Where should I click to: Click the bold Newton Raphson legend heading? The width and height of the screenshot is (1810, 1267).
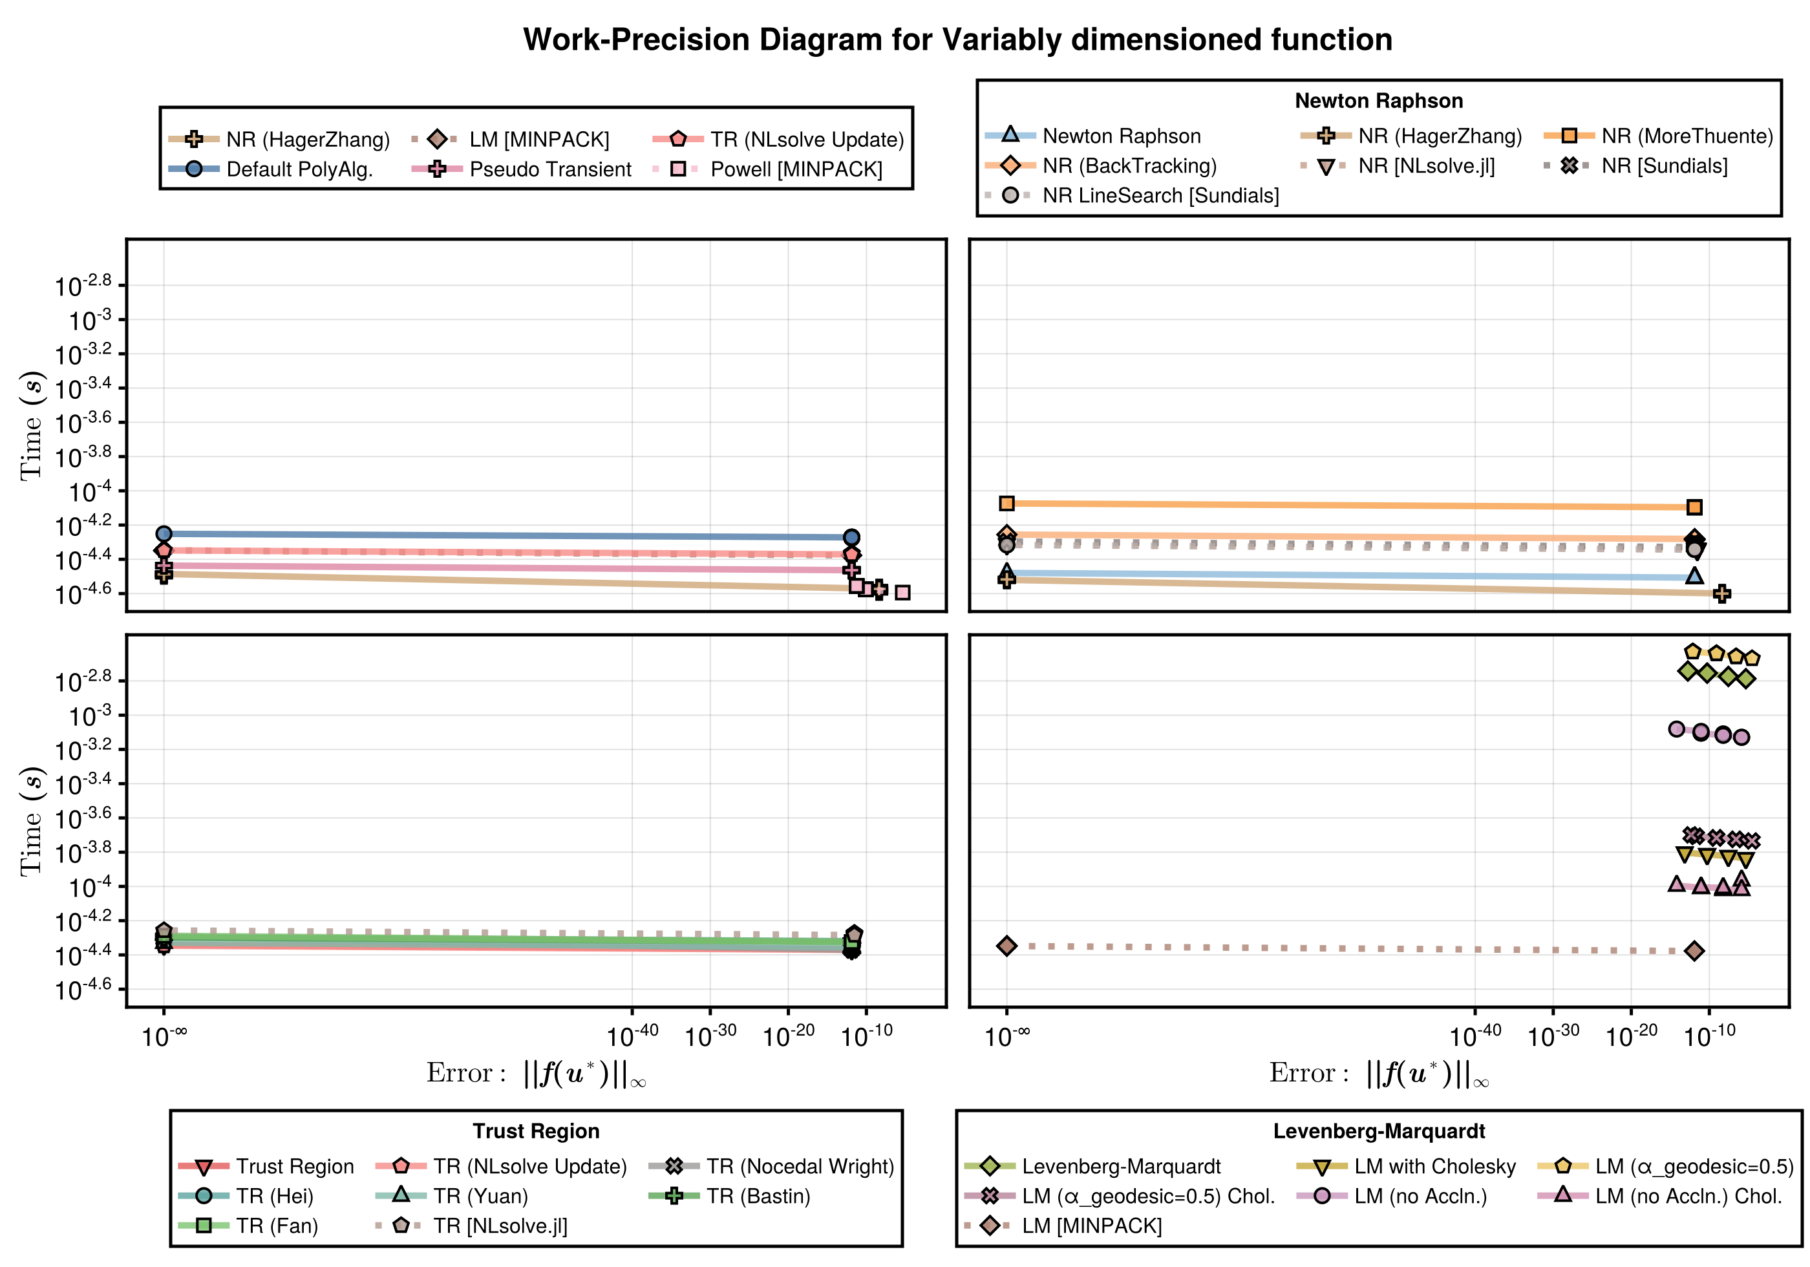pyautogui.click(x=1379, y=101)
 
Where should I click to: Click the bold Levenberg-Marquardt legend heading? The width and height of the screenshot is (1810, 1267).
pyautogui.click(x=1379, y=1131)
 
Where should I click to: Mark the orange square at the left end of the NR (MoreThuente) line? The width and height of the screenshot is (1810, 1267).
pyautogui.click(x=1006, y=503)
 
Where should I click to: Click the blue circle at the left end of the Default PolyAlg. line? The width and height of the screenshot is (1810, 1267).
pyautogui.click(x=164, y=534)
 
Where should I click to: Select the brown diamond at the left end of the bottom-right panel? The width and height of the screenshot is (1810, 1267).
pyautogui.click(x=1006, y=945)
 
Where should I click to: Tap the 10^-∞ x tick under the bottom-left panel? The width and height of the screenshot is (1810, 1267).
pyautogui.click(x=164, y=1034)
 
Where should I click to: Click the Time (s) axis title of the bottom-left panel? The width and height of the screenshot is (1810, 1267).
pyautogui.click(x=32, y=820)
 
